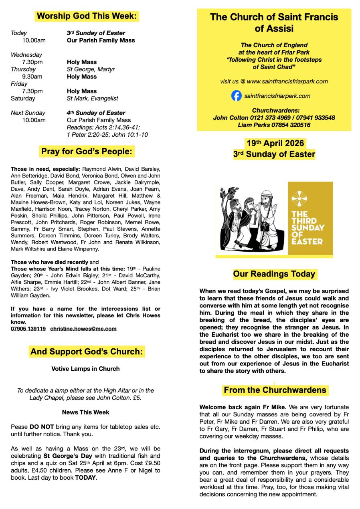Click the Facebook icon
tap(237, 96)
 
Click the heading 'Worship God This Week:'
tap(87, 16)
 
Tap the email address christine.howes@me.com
tap(83, 329)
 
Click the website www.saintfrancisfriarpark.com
tap(287, 81)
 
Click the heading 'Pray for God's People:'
tap(87, 152)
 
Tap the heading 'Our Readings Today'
tap(274, 274)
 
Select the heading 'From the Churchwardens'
tap(275, 390)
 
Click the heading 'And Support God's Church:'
tap(87, 352)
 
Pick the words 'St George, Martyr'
tap(91, 69)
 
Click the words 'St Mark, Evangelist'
tap(92, 98)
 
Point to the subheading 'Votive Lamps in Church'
tap(85, 369)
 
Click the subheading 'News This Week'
tap(85, 412)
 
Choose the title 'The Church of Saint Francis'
tap(274, 17)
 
